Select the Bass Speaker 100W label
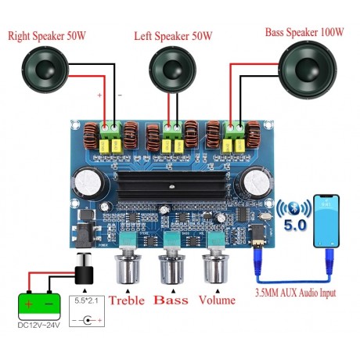pyautogui.click(x=304, y=32)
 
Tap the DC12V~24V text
pyautogui.click(x=38, y=325)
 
